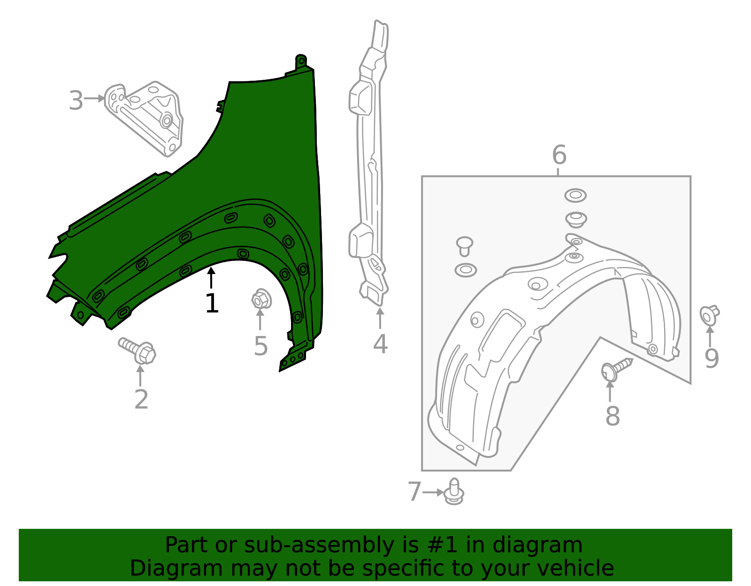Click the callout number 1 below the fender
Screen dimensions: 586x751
(212, 304)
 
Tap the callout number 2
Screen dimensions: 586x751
(141, 400)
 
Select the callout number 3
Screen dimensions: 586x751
(76, 101)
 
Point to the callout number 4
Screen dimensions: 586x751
(380, 344)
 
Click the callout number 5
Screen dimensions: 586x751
(261, 346)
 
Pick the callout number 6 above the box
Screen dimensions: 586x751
(559, 155)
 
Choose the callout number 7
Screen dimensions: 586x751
(414, 492)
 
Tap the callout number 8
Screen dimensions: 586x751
(613, 416)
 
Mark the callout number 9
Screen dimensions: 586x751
(712, 358)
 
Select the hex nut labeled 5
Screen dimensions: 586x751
(261, 299)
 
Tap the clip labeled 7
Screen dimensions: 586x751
(454, 492)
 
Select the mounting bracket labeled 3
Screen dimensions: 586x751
(146, 117)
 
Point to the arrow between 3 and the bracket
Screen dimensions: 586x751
(94, 99)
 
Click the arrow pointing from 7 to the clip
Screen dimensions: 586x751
(433, 492)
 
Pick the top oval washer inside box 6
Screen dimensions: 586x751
(575, 195)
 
